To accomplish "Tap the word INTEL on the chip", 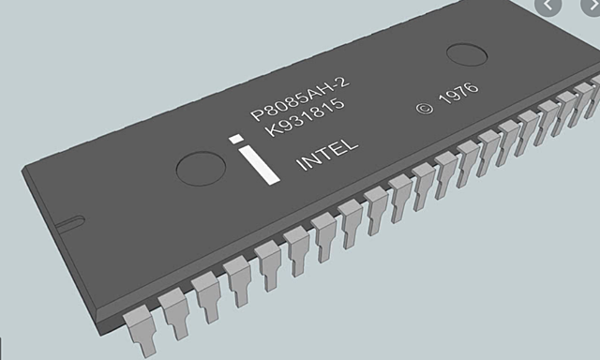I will tap(326, 156).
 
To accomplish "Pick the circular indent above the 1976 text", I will tap(466, 52).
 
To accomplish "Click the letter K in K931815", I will tap(270, 134).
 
